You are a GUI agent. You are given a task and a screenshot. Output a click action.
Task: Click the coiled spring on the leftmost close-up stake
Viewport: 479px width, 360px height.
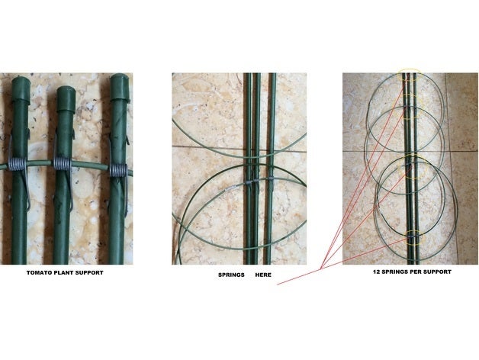click(18, 164)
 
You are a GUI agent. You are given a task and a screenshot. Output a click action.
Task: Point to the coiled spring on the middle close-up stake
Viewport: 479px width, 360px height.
click(63, 164)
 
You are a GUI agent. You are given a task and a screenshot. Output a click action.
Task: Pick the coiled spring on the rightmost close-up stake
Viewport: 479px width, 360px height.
click(118, 170)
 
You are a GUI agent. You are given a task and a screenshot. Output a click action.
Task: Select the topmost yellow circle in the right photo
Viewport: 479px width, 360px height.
click(410, 75)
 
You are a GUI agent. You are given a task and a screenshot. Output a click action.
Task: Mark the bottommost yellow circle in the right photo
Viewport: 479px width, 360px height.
click(413, 237)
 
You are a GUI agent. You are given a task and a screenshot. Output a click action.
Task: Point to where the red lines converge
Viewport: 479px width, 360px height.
click(320, 268)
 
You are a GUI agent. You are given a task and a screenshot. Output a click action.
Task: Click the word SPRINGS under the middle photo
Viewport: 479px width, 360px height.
click(231, 275)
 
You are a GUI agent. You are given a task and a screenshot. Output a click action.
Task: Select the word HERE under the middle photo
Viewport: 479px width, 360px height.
click(263, 275)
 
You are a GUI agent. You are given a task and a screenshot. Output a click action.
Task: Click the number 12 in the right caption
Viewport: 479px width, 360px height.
click(376, 272)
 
